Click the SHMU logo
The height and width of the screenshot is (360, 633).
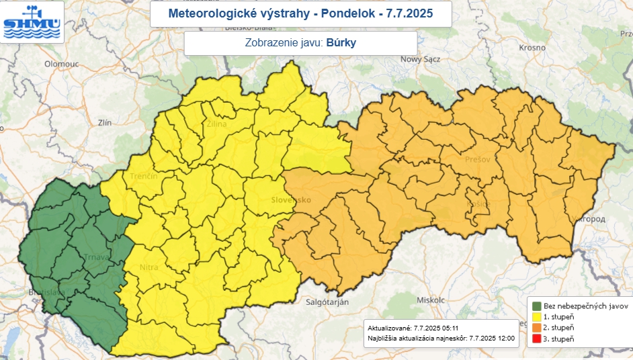[32, 21]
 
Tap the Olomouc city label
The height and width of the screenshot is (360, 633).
[62, 64]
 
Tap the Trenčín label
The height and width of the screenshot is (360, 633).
[144, 176]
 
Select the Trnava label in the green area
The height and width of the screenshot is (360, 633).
[87, 257]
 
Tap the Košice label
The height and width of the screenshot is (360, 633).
[478, 204]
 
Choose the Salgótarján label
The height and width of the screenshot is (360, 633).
[327, 303]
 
